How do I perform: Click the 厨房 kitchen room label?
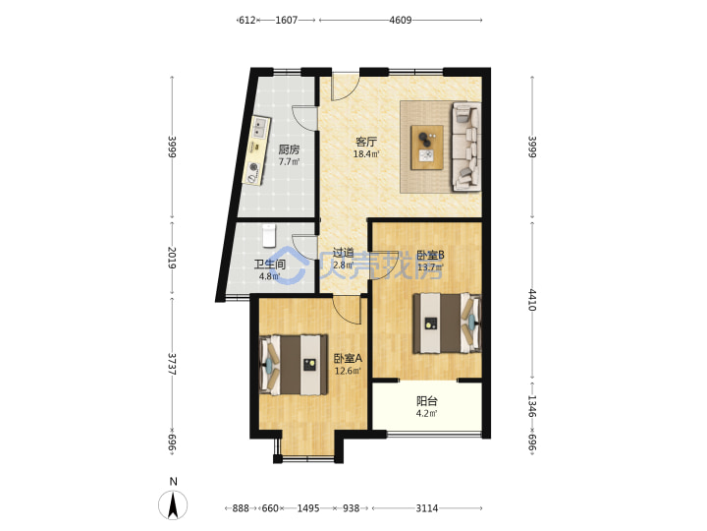tap(289, 149)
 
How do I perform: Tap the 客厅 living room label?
tap(366, 142)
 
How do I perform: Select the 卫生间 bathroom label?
tap(270, 265)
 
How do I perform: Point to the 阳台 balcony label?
tap(426, 401)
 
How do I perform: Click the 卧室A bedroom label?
tap(348, 359)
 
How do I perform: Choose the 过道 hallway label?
tap(343, 253)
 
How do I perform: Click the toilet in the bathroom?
tap(269, 236)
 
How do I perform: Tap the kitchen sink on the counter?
tap(259, 127)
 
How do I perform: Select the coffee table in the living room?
tap(427, 147)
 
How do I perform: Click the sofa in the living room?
tap(466, 147)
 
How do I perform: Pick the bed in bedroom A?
tap(294, 365)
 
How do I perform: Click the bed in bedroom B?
tap(448, 323)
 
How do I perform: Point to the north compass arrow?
tap(173, 504)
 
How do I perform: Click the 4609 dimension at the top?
tap(401, 20)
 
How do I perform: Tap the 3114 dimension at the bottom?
tap(426, 508)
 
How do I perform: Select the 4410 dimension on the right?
tap(532, 300)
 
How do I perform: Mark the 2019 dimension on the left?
tap(171, 258)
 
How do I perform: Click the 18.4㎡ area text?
tap(366, 154)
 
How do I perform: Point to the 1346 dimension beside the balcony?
tap(532, 406)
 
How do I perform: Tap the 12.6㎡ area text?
tap(348, 371)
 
